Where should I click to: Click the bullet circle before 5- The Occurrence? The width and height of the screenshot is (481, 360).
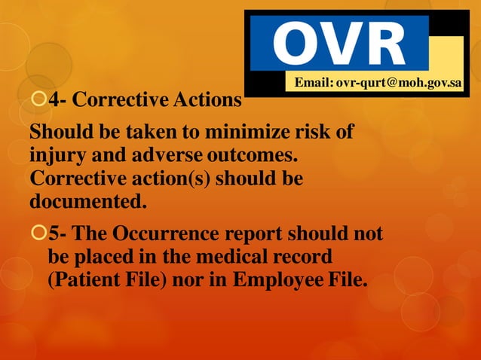[38, 233]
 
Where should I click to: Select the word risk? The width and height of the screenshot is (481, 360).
[307, 133]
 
